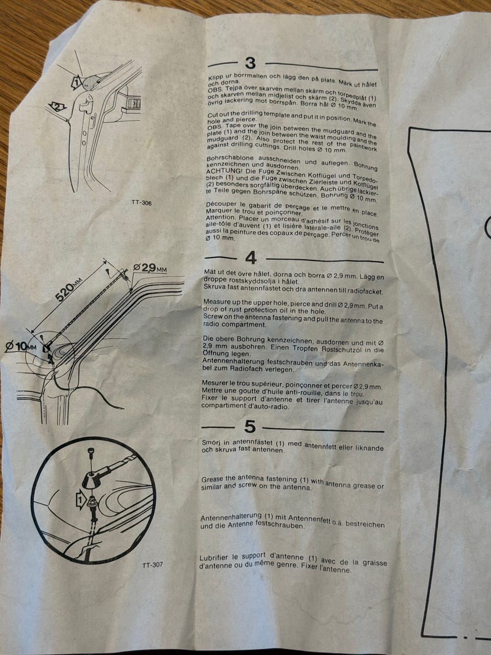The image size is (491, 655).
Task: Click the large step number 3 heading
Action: (x=251, y=63)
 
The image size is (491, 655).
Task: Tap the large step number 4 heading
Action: (x=251, y=258)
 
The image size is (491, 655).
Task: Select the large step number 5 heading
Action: (x=250, y=426)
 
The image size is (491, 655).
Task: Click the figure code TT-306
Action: (x=142, y=203)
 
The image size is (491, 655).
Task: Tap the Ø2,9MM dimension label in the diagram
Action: (x=150, y=268)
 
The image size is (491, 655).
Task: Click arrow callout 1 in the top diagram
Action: (x=76, y=81)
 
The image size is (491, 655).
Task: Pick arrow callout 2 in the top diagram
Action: (x=57, y=106)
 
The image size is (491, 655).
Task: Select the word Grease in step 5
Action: (x=212, y=479)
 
